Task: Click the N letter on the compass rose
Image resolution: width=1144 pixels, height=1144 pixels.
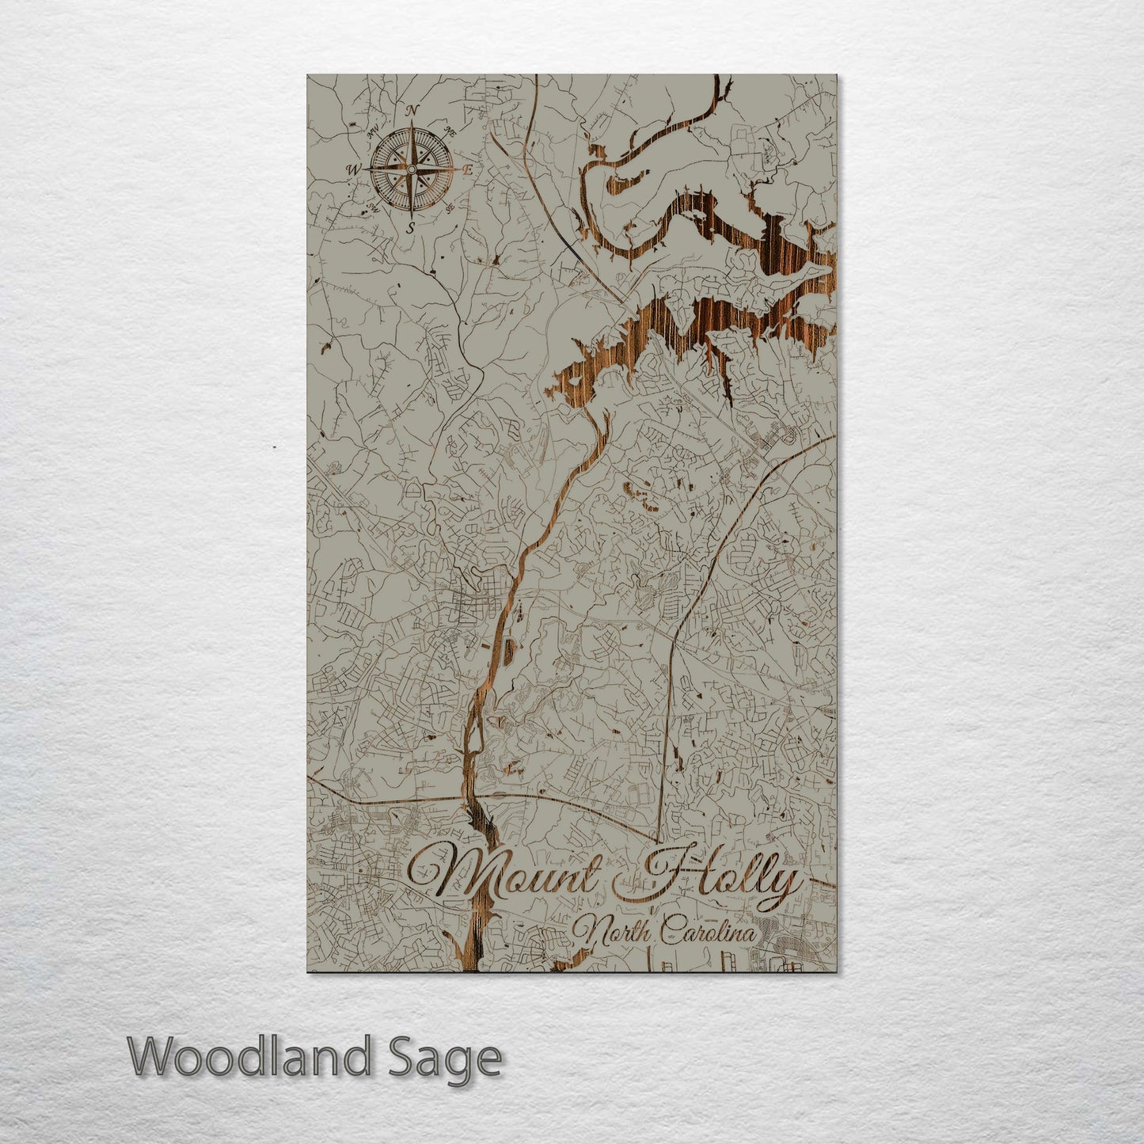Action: click(411, 112)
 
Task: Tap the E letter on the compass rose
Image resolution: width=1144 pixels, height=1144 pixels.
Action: click(467, 169)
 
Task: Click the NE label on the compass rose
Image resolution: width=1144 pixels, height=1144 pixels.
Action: click(451, 130)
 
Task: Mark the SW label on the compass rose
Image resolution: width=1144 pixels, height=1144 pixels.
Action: click(371, 209)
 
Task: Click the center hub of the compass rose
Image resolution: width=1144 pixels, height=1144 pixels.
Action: click(411, 169)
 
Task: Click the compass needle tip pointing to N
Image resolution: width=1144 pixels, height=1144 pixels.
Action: click(411, 124)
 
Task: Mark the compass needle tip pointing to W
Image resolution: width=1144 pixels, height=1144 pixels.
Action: click(367, 169)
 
